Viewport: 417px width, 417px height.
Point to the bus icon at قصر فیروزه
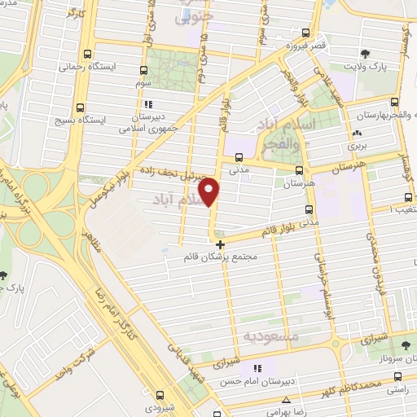click(x=305, y=33)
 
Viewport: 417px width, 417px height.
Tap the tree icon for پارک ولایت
click(x=365, y=56)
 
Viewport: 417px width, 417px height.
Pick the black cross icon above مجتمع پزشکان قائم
click(x=220, y=243)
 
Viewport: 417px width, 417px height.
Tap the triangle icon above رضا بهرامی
click(x=286, y=400)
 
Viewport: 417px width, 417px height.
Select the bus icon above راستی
click(x=397, y=377)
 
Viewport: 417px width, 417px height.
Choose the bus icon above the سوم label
click(x=144, y=71)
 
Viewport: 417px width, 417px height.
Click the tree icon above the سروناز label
click(x=405, y=347)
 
